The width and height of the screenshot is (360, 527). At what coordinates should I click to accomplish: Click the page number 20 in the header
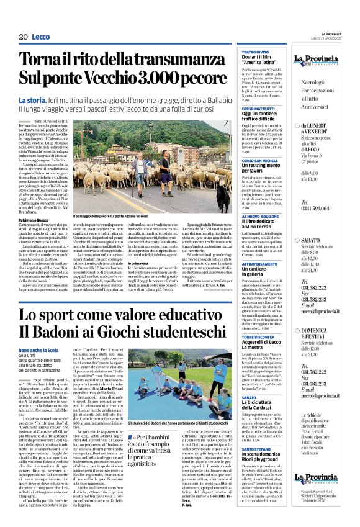(x=23, y=37)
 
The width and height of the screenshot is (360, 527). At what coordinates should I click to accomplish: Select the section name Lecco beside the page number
(x=41, y=37)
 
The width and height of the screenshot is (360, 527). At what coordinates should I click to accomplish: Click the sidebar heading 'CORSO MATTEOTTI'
(x=259, y=107)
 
